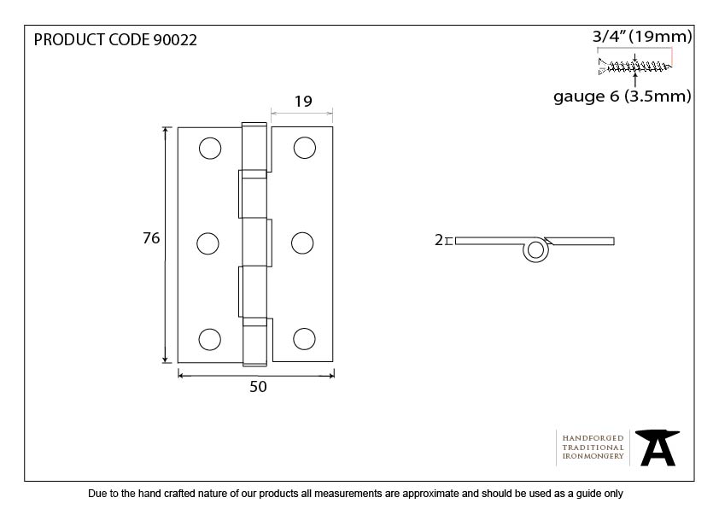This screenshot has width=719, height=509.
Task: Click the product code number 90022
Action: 175,40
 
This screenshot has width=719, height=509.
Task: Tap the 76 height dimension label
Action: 151,238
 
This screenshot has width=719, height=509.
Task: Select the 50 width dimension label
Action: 258,387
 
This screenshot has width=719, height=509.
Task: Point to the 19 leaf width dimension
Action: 303,102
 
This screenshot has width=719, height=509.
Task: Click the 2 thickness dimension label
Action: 439,240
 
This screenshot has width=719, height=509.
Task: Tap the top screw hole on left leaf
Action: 210,148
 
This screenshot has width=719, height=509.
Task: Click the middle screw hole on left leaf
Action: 208,243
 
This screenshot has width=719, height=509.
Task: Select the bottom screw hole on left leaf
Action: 209,339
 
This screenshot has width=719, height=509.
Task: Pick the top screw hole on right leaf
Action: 305,148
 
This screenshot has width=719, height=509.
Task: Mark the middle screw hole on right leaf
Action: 302,243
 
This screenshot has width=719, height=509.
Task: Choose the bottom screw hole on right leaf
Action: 304,339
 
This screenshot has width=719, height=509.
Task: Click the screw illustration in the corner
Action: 634,67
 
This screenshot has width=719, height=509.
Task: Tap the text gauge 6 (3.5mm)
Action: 623,97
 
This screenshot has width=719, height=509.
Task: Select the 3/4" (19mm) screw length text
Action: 642,36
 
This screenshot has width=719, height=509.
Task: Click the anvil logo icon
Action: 658,448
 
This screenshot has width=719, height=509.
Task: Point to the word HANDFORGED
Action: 593,438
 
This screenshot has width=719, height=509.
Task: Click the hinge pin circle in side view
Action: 535,250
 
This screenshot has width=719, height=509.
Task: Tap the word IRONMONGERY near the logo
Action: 593,456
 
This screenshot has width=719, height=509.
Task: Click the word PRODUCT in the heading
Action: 70,40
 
